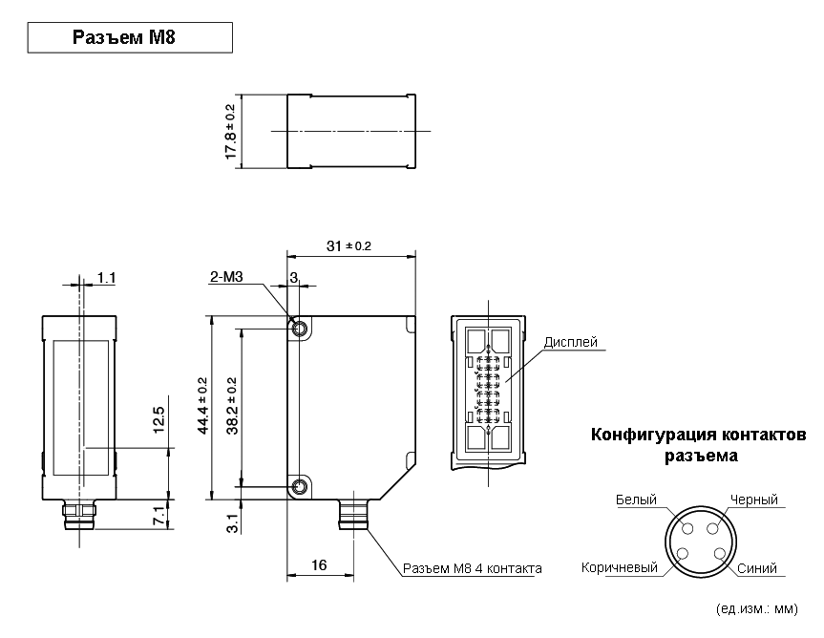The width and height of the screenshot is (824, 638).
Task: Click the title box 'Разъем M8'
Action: pos(130,37)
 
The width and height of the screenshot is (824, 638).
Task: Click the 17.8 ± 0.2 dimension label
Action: pos(230,132)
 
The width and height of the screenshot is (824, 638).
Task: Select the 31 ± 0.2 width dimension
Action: pos(349,245)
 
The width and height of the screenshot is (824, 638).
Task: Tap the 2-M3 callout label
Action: pos(226,276)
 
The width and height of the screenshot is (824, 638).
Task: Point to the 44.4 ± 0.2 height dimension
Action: pos(202,406)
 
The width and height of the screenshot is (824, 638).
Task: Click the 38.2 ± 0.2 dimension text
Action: pos(232,406)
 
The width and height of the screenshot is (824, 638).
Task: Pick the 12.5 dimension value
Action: pos(158,420)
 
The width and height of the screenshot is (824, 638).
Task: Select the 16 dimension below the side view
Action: pos(319,565)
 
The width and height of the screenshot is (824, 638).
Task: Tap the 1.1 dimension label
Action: pos(106,277)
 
